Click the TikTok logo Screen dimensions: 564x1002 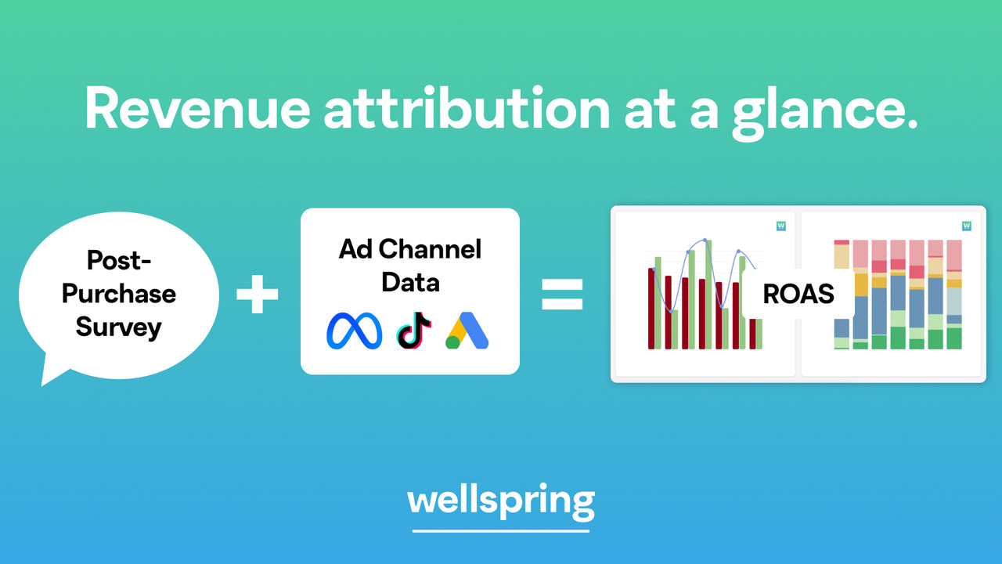[414, 330]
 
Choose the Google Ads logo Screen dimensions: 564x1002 [467, 330]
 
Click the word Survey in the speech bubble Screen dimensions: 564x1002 [119, 327]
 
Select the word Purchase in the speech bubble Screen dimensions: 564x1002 [119, 294]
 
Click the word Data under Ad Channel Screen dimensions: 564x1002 [410, 282]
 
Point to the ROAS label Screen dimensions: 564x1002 [798, 294]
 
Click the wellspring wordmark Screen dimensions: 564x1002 [501, 500]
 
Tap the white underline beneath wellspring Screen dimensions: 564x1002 [501, 531]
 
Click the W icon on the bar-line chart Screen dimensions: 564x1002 [780, 226]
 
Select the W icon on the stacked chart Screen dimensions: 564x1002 [967, 226]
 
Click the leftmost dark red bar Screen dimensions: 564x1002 [651, 309]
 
